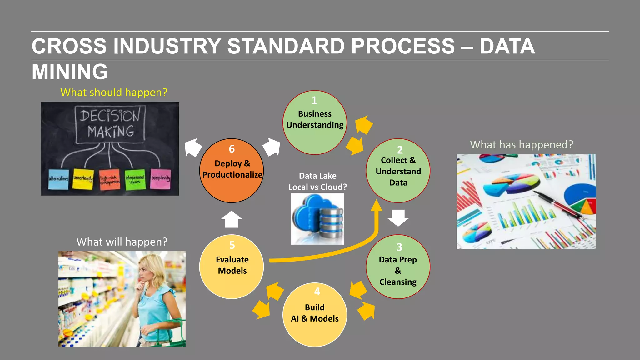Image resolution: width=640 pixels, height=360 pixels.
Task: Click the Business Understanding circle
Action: [x=315, y=122]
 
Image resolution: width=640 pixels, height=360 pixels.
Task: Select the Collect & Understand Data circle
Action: [x=398, y=171]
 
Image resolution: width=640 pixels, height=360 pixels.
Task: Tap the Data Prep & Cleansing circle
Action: [x=398, y=267]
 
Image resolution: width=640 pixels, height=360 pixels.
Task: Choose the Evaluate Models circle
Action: [x=232, y=267]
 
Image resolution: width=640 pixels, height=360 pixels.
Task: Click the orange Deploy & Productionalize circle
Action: [x=232, y=171]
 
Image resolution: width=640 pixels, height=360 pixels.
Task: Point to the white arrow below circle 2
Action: [x=398, y=218]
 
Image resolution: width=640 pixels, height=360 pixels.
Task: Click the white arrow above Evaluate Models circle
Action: [x=232, y=219]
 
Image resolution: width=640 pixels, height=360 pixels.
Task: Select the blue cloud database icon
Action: [x=317, y=218]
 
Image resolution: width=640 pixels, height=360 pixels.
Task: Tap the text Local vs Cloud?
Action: [x=317, y=187]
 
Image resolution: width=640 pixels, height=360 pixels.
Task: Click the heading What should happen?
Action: [x=114, y=92]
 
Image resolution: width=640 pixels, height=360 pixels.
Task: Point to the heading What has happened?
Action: [x=522, y=145]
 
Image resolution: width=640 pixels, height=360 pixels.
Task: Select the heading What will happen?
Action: [x=122, y=242]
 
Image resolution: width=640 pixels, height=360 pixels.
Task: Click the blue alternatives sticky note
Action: [x=58, y=179]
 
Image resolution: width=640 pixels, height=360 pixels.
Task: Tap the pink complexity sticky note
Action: [x=161, y=179]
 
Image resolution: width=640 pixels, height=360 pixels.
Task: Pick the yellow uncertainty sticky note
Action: [x=83, y=179]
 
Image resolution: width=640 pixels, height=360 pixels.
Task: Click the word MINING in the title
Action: [x=70, y=72]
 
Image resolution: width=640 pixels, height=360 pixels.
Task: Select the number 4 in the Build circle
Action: [x=317, y=292]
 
